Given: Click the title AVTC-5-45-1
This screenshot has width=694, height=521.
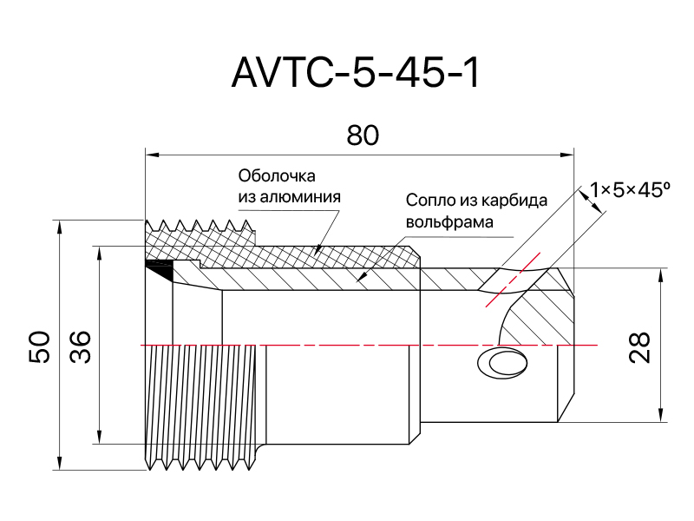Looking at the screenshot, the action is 356,73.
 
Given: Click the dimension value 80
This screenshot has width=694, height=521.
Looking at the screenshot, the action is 363,135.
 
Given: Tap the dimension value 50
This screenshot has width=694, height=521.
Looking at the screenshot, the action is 39,346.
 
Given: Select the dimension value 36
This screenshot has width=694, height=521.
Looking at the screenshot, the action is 80,346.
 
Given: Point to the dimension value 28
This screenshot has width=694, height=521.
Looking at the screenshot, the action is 639,347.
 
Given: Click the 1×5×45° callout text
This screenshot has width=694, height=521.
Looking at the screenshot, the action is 630,190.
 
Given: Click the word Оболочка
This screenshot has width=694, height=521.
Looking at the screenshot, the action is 277,176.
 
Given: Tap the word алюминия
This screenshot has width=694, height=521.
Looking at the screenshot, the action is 300,197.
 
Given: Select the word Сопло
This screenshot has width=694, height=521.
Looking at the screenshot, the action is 429,201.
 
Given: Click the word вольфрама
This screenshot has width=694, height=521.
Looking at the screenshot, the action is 449,221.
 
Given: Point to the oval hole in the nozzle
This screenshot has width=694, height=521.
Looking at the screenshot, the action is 502,362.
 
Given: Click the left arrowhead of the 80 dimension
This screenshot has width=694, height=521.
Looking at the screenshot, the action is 153,155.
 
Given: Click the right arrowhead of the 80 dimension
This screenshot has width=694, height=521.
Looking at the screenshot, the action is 567,155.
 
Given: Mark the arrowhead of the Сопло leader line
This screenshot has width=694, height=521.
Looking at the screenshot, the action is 362,277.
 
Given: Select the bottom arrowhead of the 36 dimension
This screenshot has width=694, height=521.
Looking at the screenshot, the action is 100,437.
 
